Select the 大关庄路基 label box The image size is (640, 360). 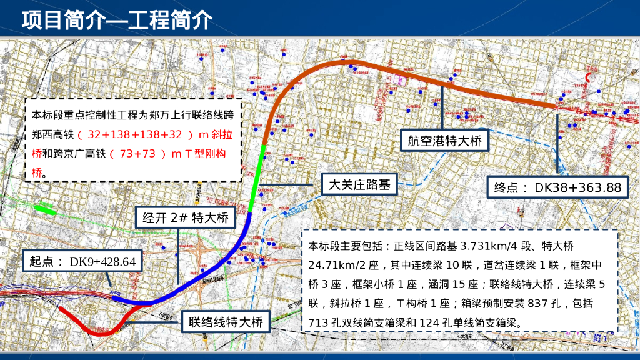click(359, 184)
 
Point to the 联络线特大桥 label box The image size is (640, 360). click(226, 322)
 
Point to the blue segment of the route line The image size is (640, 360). click(206, 276)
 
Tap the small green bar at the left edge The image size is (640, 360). click(44, 209)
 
